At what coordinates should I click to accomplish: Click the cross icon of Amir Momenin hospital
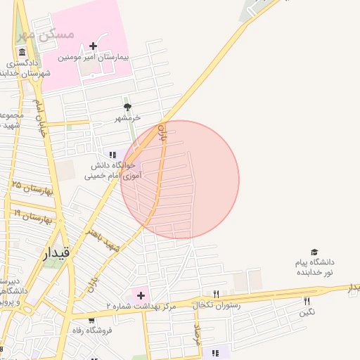(x=93, y=46)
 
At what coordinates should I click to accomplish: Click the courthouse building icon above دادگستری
(x=22, y=53)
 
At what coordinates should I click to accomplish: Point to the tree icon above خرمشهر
(x=127, y=107)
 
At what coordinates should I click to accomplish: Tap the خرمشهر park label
(x=128, y=118)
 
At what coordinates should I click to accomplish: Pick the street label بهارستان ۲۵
(x=32, y=188)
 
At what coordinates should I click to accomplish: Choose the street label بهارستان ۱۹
(x=32, y=214)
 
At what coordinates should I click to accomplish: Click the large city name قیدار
(x=56, y=253)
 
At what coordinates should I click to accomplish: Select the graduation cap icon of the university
(x=314, y=252)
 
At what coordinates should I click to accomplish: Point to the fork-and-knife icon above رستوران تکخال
(x=216, y=295)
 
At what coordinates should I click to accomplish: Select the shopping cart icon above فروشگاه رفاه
(x=91, y=321)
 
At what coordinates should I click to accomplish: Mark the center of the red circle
(x=180, y=180)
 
